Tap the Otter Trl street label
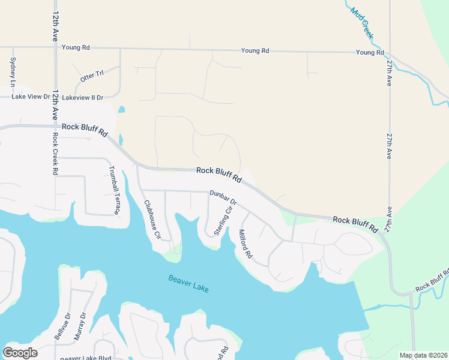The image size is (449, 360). point(92,76)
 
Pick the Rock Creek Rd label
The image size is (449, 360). point(55,153)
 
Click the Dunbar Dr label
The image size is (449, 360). point(224,197)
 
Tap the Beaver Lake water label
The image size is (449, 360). point(188,283)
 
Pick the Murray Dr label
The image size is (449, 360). point(80,326)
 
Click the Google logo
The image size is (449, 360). point(20,353)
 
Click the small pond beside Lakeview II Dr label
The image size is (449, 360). point(122,110)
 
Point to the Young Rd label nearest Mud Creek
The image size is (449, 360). point(370,53)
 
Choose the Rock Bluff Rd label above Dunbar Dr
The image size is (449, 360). point(218,175)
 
